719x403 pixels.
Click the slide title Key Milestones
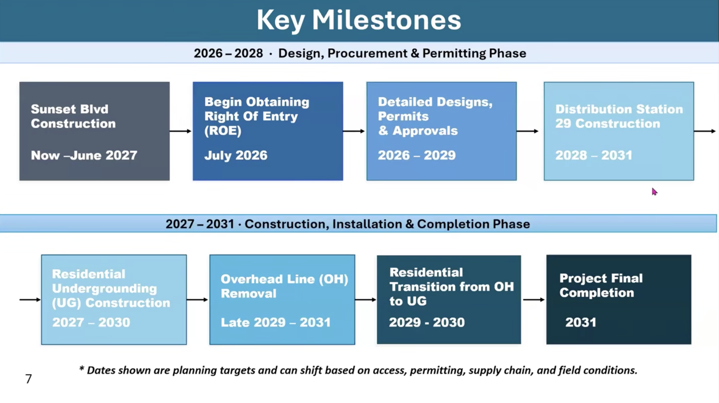point(359,20)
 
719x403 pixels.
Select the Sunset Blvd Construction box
point(95,131)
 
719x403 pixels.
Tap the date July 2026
point(236,156)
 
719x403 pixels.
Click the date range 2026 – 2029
point(417,155)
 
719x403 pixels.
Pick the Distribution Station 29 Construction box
point(619,131)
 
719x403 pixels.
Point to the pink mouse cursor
point(655,192)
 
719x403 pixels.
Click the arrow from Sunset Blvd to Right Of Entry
point(181,131)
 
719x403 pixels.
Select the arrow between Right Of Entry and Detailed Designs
point(354,131)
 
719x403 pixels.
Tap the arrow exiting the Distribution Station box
point(705,131)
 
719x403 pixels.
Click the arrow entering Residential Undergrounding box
point(30,300)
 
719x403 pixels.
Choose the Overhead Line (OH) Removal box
point(282,299)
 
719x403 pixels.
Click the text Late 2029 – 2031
point(276,322)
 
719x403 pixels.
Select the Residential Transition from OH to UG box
point(449,299)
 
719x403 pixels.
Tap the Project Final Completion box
point(619,299)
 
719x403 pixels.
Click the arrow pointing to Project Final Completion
point(534,300)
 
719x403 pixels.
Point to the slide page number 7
point(28,379)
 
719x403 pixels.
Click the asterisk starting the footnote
point(82,368)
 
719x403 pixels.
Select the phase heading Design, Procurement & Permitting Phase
point(402,54)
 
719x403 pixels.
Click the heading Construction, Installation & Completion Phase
point(387,224)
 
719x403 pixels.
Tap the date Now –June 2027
point(84,156)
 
